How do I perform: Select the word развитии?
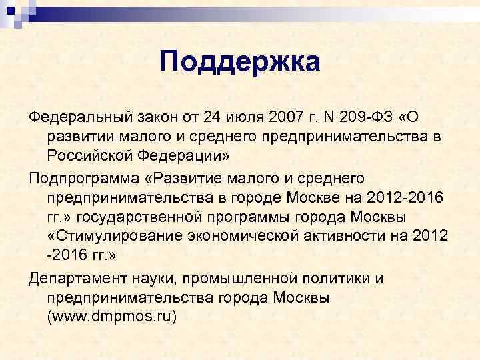coord(79,137)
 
